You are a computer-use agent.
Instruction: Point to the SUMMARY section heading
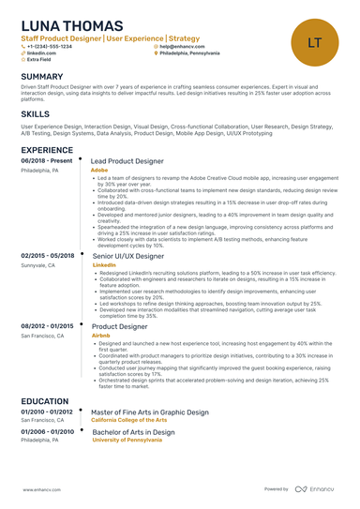[42, 77]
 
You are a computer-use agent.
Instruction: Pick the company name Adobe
[99, 171]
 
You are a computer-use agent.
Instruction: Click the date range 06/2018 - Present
[46, 161]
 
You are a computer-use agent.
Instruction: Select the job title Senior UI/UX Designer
[129, 256]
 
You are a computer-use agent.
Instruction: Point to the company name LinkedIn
[104, 265]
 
